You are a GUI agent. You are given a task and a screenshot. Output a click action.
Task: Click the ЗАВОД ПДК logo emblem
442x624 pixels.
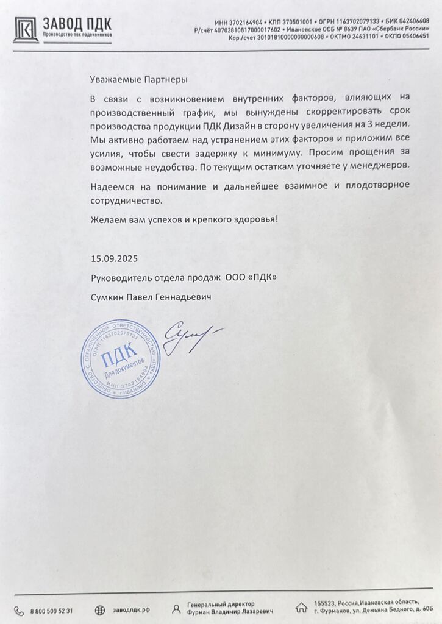(x=26, y=29)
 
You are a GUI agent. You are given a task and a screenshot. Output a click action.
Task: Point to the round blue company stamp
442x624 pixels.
(x=120, y=359)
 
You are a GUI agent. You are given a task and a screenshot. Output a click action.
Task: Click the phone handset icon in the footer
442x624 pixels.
(x=19, y=609)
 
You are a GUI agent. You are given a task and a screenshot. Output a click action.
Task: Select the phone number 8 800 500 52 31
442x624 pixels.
(x=52, y=610)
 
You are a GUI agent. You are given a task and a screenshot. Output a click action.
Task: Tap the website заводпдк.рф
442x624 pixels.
(x=131, y=610)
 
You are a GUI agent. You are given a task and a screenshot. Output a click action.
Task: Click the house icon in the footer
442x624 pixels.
(x=301, y=608)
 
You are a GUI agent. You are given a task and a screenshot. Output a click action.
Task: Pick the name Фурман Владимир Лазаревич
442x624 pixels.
(x=230, y=611)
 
